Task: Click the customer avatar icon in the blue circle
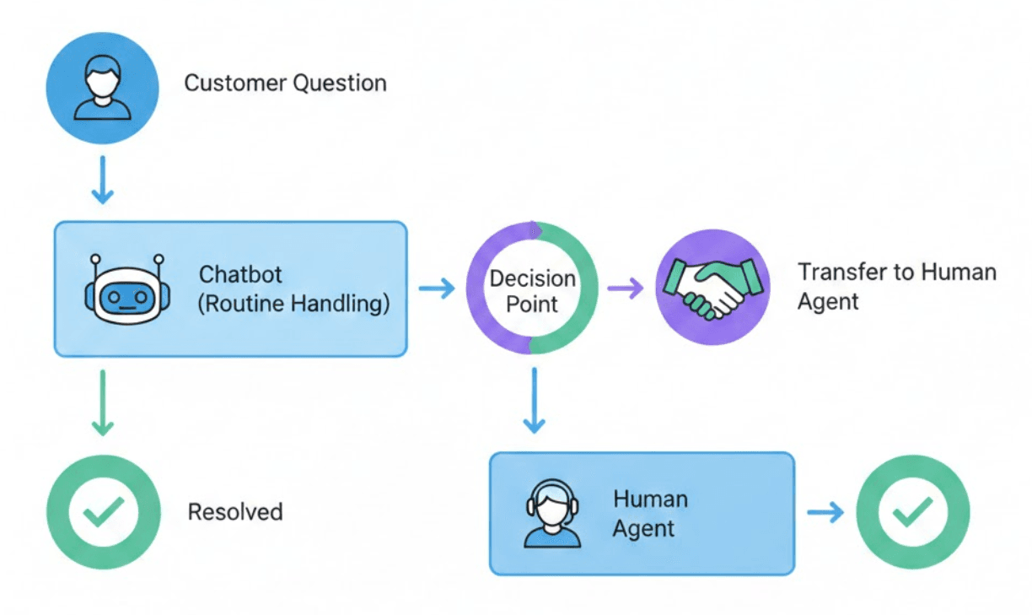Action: [102, 88]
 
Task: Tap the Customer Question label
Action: [285, 84]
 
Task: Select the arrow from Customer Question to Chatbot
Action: [102, 180]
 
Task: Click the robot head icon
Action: [127, 289]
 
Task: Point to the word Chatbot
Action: [240, 275]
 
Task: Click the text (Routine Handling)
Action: [293, 304]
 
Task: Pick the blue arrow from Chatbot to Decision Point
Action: [437, 289]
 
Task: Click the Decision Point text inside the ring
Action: [532, 291]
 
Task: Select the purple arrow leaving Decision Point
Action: [626, 289]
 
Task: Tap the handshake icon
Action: [712, 287]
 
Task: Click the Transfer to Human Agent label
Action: [897, 287]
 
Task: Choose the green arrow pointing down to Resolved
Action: [102, 403]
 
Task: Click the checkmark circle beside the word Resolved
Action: [103, 512]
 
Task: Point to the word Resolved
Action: [235, 512]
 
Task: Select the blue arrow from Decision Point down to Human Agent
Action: [534, 401]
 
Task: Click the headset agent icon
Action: [552, 514]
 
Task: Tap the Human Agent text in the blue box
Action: [650, 514]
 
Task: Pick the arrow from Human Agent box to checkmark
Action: [825, 512]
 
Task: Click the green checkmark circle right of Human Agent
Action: [913, 512]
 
